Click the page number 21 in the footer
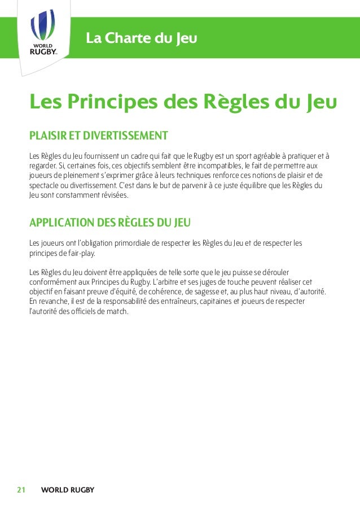pyautogui.click(x=22, y=490)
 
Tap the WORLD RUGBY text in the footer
pyautogui.click(x=68, y=490)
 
